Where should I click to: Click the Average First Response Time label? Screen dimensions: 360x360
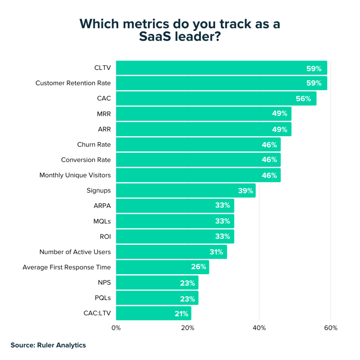(66, 267)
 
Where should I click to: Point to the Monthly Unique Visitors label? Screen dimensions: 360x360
(75, 175)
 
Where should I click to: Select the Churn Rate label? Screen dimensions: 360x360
(94, 144)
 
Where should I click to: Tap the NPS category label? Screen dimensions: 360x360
(104, 283)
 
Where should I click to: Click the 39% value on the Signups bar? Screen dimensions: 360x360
(245, 191)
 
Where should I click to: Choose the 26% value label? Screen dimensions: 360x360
(198, 267)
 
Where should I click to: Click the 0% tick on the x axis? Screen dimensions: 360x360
(116, 328)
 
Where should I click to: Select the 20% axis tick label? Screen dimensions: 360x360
(188, 328)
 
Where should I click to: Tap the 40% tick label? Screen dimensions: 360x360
(259, 328)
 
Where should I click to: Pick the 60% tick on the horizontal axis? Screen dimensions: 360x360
(331, 328)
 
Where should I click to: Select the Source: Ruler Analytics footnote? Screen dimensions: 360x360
(48, 345)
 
